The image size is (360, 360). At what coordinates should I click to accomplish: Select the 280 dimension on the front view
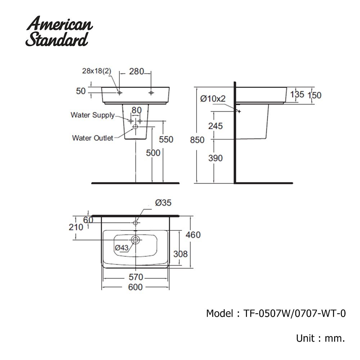tap(137, 71)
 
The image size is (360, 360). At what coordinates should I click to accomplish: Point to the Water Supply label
tap(93, 115)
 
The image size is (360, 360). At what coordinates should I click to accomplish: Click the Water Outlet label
tap(93, 138)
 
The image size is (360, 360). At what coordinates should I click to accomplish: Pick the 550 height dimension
tap(166, 139)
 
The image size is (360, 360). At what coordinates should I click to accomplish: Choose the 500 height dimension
tap(153, 153)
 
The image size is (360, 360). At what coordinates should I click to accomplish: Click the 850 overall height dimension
tap(197, 140)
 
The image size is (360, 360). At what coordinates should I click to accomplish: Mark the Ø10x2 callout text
tap(213, 98)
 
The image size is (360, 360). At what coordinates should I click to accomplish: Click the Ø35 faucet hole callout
tap(163, 203)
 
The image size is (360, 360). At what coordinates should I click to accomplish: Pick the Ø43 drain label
tap(122, 247)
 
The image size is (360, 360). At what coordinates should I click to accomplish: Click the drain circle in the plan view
tap(135, 239)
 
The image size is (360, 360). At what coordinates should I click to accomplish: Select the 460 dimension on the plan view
tap(193, 235)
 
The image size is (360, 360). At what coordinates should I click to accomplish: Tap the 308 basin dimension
tap(180, 254)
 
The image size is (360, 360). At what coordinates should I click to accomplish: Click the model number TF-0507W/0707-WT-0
tap(294, 314)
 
